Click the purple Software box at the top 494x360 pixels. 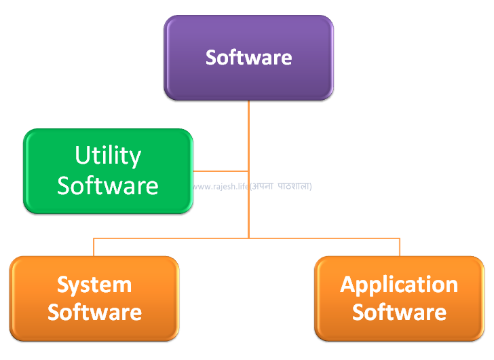248,58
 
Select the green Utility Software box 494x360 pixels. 108,171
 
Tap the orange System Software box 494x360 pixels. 94,298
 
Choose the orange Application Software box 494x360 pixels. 399,298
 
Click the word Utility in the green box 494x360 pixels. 108,156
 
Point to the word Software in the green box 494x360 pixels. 108,185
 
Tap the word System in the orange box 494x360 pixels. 94,285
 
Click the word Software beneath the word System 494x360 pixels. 94,312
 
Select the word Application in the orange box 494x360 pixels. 399,285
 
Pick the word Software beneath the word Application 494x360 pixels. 399,312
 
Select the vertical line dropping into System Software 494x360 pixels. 94,247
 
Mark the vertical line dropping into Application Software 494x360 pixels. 400,247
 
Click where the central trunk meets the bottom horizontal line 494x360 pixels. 248,238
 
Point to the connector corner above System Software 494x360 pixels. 94,238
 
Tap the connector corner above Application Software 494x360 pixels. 400,238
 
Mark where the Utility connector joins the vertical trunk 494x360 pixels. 248,171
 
